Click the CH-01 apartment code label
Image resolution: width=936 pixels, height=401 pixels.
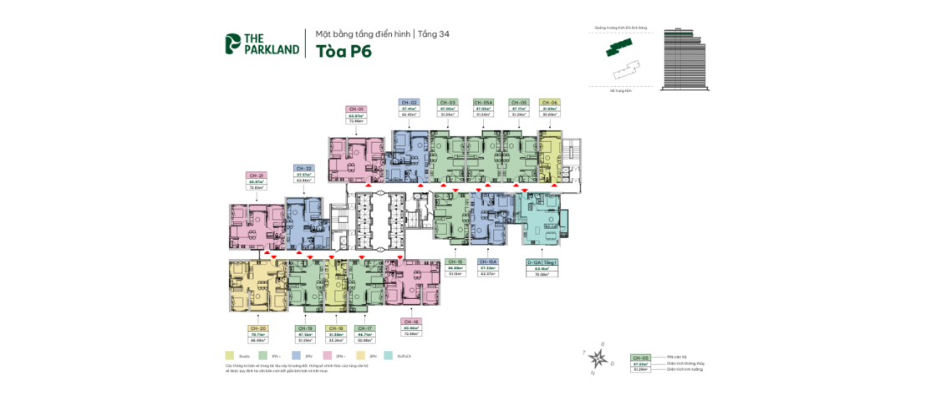point(356,109)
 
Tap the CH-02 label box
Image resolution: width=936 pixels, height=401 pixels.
point(409,102)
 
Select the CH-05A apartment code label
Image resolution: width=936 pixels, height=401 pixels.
point(483,102)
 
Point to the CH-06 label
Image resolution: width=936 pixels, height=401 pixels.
point(549,102)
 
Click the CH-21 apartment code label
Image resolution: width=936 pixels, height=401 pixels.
point(256,175)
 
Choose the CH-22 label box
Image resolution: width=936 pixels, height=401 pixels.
point(303,168)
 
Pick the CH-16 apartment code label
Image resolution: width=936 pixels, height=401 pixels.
point(411,322)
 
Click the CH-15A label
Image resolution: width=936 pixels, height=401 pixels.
point(488,261)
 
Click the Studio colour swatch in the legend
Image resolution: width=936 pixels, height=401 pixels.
point(230,356)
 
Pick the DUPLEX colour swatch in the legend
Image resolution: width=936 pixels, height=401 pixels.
point(388,356)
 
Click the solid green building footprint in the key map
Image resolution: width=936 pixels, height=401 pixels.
point(619,49)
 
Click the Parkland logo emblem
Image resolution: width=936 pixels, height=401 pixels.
point(232,43)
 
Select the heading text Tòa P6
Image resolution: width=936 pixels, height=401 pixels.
point(343,50)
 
